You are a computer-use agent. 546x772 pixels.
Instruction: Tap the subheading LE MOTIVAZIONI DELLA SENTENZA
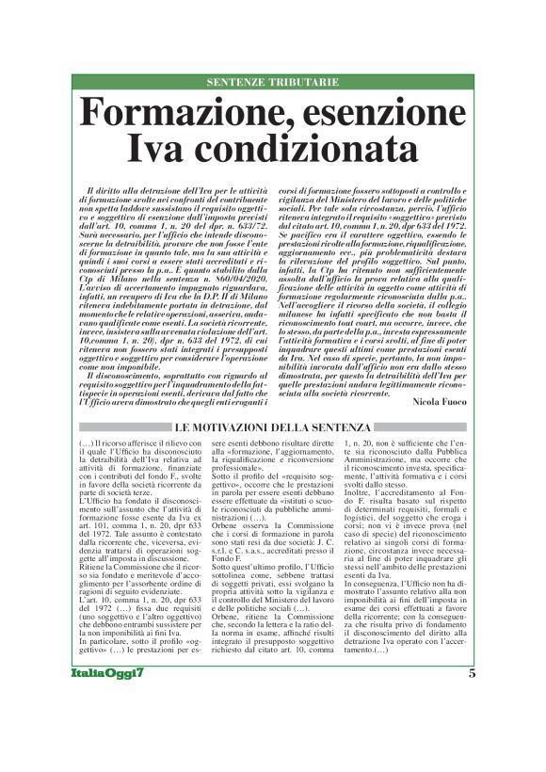tap(273, 428)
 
